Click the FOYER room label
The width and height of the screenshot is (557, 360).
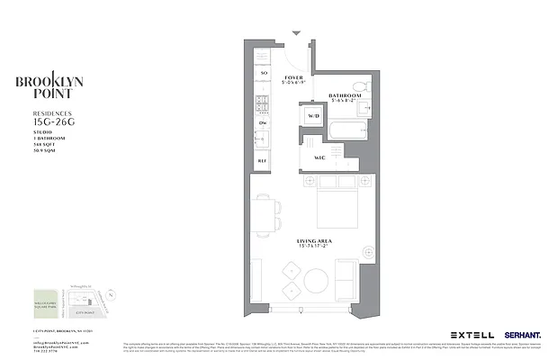[293, 78]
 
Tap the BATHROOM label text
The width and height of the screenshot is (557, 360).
[345, 94]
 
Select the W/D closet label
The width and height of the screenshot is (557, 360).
[314, 116]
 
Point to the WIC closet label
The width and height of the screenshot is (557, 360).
[319, 158]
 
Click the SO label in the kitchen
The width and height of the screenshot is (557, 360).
[264, 73]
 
